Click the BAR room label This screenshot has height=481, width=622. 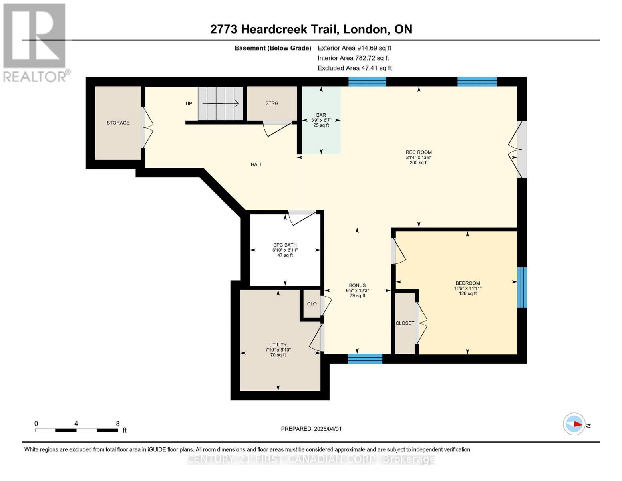321,115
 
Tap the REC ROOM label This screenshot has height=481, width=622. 419,152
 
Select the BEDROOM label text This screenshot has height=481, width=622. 468,283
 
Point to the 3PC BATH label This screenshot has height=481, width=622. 285,245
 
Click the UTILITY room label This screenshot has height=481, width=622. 278,345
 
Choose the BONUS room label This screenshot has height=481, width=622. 357,285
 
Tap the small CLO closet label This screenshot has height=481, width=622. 312,304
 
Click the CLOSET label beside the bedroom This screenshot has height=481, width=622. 405,323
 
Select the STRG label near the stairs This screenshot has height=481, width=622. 272,103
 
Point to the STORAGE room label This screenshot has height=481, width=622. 118,123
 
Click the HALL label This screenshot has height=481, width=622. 256,164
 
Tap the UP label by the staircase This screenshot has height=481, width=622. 189,104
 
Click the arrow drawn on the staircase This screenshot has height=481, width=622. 221,104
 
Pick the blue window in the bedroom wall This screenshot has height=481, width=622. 522,287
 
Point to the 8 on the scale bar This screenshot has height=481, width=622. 118,424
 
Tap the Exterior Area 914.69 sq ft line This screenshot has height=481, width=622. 354,48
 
